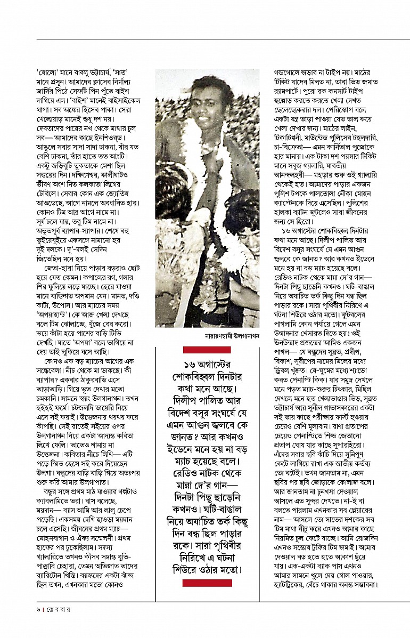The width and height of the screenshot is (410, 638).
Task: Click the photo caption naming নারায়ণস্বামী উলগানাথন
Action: point(231,336)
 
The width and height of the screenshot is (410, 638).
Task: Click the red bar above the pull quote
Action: point(207,350)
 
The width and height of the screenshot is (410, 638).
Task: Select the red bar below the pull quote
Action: point(207,583)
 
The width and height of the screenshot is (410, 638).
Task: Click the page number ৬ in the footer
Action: point(38,608)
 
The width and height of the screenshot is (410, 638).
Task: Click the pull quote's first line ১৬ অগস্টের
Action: point(207,364)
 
